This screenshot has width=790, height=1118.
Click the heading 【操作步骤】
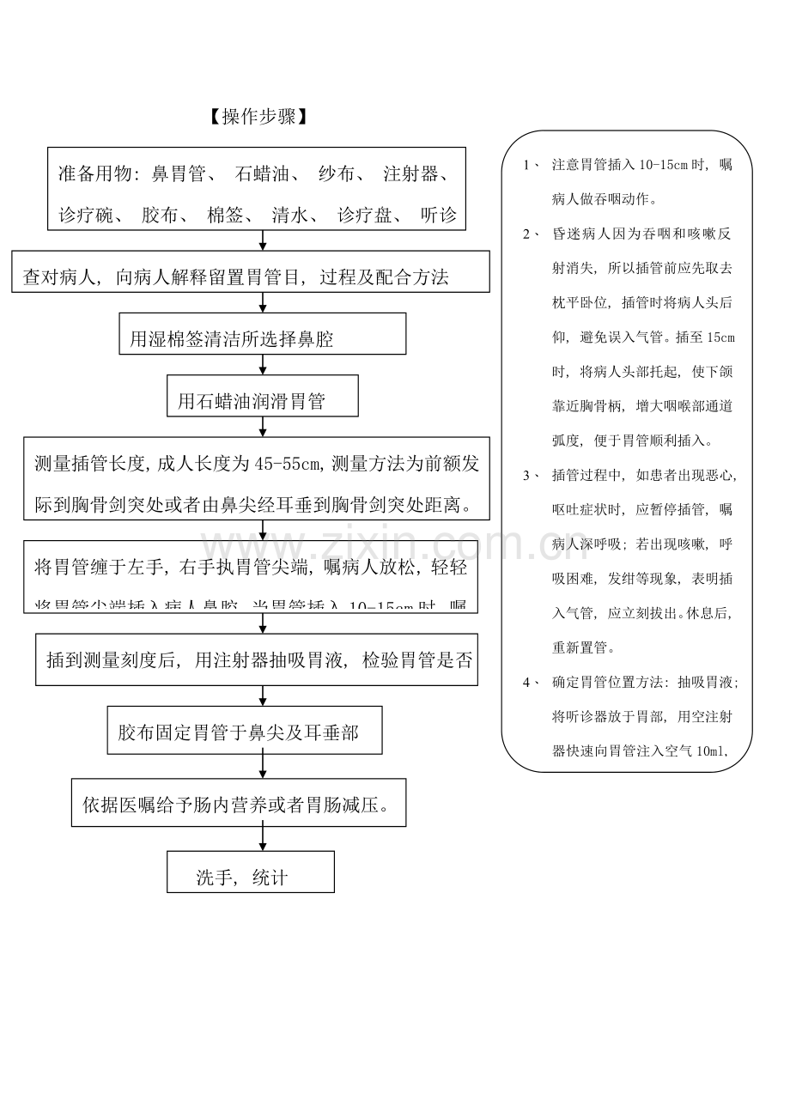(258, 118)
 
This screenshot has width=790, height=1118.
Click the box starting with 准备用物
(257, 189)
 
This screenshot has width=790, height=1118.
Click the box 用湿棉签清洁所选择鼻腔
(262, 333)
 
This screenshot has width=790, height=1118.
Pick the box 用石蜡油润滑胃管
(262, 396)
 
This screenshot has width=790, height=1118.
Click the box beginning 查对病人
(251, 272)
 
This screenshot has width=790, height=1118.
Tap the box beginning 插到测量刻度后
(257, 659)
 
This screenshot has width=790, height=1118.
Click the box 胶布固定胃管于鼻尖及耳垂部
(245, 730)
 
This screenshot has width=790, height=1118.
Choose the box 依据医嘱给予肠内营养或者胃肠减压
(239, 803)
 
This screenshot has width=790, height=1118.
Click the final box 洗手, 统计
(250, 872)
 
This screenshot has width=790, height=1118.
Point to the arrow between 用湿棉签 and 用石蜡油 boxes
(263, 365)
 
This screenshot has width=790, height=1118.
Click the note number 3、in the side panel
(530, 476)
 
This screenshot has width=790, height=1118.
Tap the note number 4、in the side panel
(530, 683)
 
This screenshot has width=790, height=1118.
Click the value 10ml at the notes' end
(710, 751)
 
